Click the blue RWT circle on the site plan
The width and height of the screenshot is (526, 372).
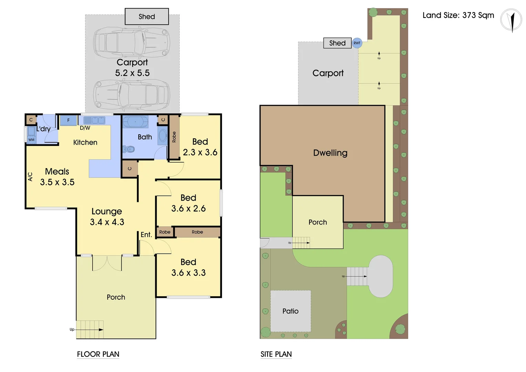[x=357, y=43]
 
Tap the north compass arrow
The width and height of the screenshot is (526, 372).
[x=512, y=21]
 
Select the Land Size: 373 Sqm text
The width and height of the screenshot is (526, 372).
[x=458, y=15]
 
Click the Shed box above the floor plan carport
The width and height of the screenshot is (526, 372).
[x=147, y=17]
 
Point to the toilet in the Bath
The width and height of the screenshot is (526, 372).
[x=130, y=149]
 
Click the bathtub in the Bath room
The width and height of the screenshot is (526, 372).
[x=135, y=122]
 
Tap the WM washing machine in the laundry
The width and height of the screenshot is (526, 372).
[x=31, y=139]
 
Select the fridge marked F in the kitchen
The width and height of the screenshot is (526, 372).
[x=68, y=120]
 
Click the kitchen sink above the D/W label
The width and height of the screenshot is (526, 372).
[x=94, y=120]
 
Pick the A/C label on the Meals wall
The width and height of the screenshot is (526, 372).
[x=30, y=177]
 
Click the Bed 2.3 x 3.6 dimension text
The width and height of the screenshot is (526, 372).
[x=200, y=152]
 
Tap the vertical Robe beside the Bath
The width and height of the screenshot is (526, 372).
[x=174, y=137]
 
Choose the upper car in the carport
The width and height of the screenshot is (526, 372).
[x=132, y=43]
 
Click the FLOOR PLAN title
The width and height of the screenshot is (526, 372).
[x=98, y=354]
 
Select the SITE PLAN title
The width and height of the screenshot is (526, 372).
[x=276, y=354]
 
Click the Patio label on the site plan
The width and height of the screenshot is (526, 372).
[x=290, y=311]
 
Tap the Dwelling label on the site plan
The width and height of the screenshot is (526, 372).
[x=330, y=153]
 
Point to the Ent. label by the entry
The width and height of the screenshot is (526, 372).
[x=146, y=235]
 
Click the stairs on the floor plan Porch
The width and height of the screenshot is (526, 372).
[x=90, y=330]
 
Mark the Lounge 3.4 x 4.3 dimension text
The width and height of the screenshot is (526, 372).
[x=107, y=222]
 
